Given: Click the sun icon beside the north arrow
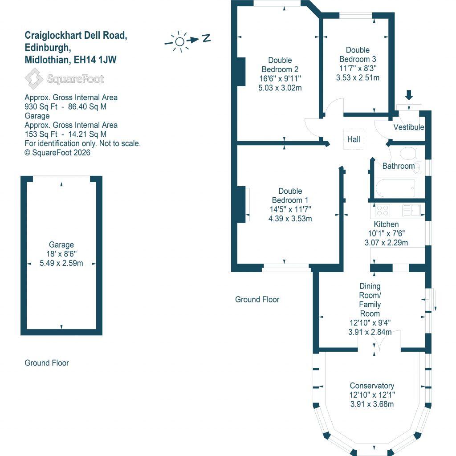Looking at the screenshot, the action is point(179,42).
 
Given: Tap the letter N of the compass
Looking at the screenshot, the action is point(206,38).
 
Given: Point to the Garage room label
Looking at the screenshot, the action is point(61,244).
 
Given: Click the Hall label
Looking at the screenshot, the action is point(354,139).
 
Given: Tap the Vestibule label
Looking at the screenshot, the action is point(409,127).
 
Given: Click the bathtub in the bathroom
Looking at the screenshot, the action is point(395,188).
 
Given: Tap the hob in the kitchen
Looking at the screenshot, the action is point(382,210).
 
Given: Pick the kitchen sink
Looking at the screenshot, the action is point(412,210).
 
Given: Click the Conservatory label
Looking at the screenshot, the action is point(372,386).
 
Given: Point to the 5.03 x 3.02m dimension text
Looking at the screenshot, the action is point(280,88).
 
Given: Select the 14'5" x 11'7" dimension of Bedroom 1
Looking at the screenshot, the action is point(290,209).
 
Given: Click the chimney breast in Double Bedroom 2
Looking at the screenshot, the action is point(241,71).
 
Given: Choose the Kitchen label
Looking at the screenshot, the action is point(386,224).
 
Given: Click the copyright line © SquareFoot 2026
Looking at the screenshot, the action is point(57,152).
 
